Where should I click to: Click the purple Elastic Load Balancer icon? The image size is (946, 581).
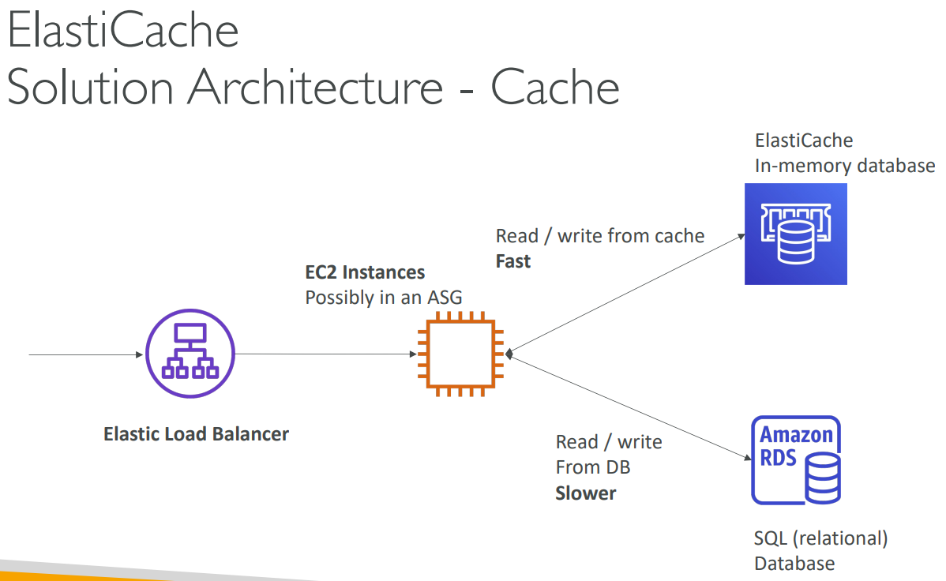point(190,354)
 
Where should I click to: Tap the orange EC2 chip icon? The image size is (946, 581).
point(460,354)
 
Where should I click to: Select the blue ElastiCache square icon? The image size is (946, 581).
point(795,234)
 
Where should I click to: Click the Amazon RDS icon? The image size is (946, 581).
point(795,460)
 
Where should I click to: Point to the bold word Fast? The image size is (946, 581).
point(513,261)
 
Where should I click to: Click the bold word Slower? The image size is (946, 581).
point(586,493)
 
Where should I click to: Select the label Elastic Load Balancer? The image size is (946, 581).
point(196,434)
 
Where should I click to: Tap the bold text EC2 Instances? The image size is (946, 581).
point(365,273)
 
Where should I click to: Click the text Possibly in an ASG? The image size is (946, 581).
point(383,298)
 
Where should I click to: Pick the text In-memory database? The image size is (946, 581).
point(844,166)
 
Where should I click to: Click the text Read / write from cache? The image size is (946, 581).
point(600,236)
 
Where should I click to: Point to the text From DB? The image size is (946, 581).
point(593,467)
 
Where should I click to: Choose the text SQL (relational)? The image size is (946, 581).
point(821,538)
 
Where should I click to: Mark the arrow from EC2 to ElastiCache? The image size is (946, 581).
point(628,294)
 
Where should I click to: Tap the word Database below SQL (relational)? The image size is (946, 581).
point(794,564)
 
